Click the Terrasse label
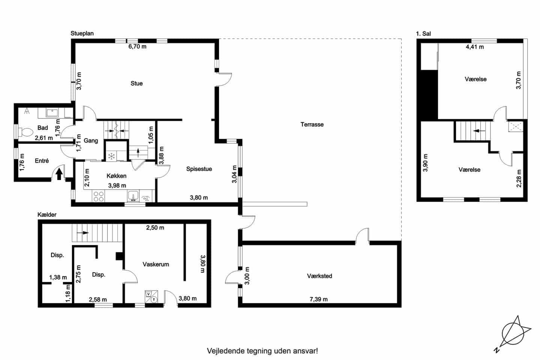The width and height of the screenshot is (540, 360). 312,124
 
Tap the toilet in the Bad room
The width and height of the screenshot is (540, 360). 25,132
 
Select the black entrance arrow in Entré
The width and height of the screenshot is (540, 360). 59,174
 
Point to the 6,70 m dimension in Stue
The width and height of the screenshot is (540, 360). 137,46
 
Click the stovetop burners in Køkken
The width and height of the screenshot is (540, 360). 99,196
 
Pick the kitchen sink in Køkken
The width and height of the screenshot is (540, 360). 133,196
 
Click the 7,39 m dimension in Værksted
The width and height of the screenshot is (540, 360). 318,299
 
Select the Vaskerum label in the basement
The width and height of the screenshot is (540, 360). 156,264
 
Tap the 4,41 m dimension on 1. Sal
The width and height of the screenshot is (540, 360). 475,47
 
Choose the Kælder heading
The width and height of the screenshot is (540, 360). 47,214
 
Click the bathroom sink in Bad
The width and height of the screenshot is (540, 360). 52,113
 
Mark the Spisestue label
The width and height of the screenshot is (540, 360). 199,169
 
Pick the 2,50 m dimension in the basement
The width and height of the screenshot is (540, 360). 155,228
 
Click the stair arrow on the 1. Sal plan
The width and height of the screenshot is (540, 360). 480,131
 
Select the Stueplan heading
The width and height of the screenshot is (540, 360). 82,33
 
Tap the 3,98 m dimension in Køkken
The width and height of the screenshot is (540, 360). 117,185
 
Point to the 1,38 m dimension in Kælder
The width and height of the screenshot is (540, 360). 58,277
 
